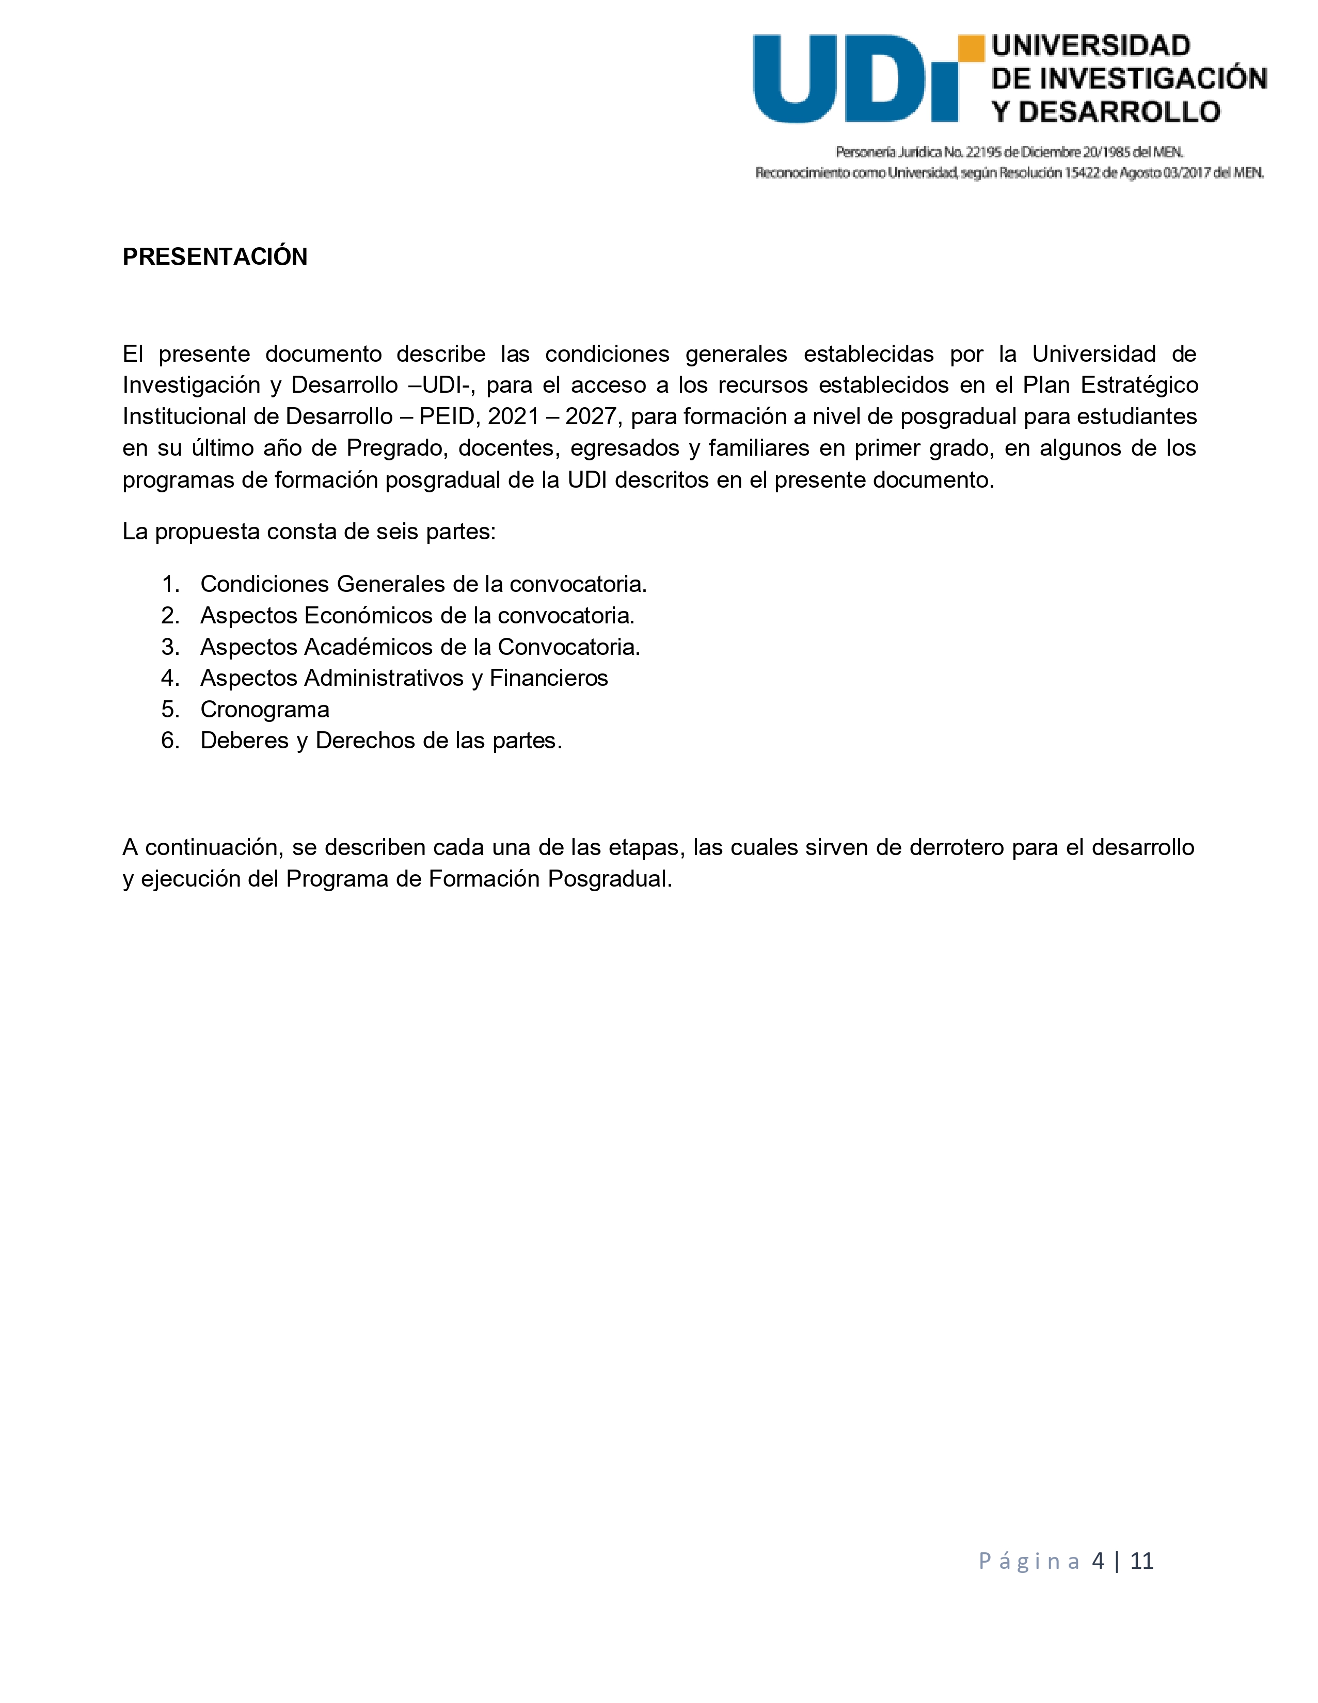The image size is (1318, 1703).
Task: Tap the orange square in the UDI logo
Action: pos(971,49)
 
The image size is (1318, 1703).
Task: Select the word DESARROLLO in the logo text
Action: pos(1119,113)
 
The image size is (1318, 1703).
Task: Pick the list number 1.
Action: pos(170,584)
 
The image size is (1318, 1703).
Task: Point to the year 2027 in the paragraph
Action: pos(591,416)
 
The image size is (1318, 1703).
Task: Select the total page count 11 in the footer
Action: pos(1142,1560)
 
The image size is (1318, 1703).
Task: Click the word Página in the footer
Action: pos(1029,1560)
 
